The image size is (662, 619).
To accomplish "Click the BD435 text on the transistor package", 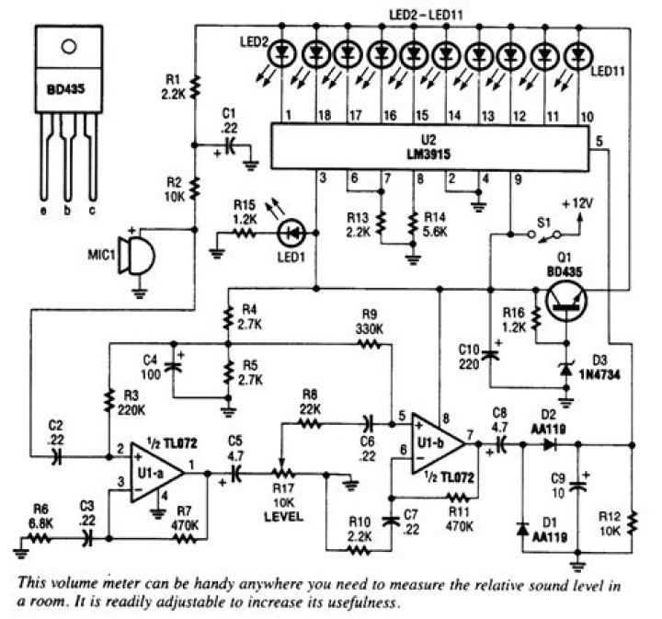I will [x=67, y=92].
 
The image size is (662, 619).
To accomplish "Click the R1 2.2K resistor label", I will [x=172, y=86].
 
